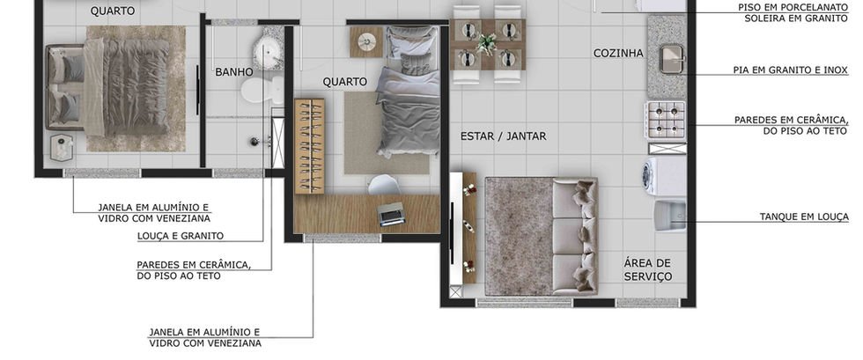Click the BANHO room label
(x=234, y=71)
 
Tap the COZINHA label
(x=618, y=54)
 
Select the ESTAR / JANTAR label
(x=503, y=136)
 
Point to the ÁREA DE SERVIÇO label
(x=648, y=269)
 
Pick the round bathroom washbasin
(x=268, y=52)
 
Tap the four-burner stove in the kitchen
(x=666, y=121)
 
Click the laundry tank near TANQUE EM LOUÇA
(x=670, y=216)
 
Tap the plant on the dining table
(x=486, y=43)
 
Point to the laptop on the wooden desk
(x=391, y=214)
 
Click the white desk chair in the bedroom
(x=384, y=185)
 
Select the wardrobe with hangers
(x=309, y=146)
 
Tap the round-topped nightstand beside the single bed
(x=366, y=42)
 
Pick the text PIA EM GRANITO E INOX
(x=791, y=70)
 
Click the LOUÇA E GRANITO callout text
(x=181, y=236)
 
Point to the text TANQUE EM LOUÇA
(x=804, y=217)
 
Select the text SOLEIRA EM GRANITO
(x=796, y=18)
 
